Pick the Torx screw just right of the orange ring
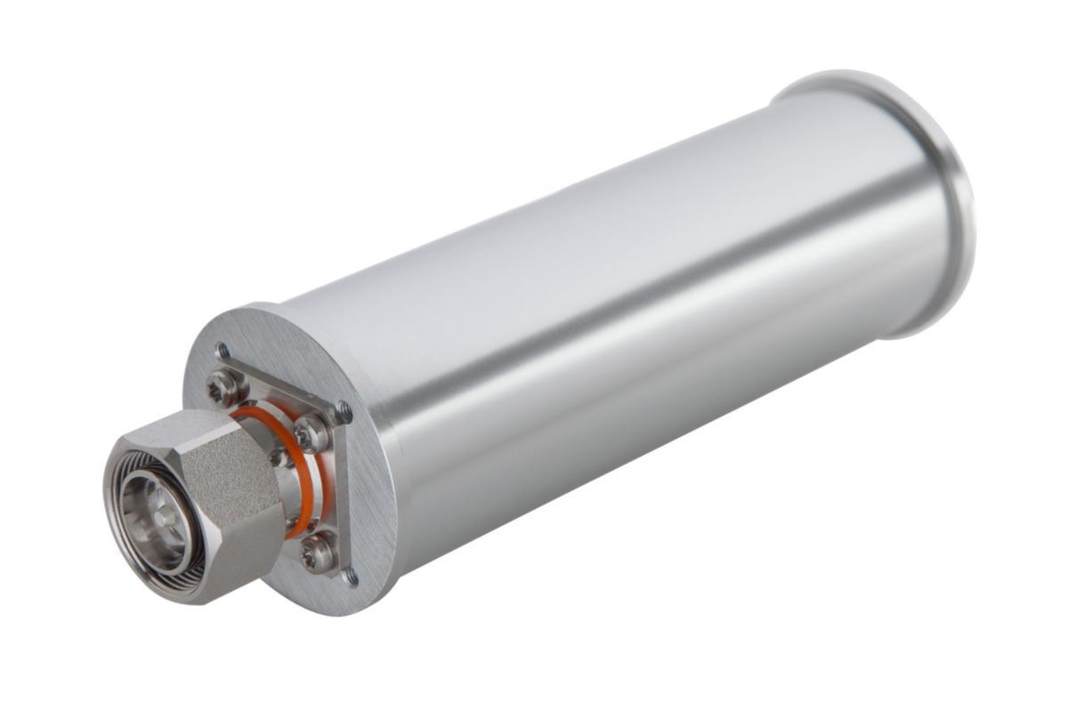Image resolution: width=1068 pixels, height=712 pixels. click(312, 434)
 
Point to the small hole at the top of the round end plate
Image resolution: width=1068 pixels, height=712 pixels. click(222, 350)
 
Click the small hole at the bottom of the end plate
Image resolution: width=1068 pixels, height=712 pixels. click(352, 577)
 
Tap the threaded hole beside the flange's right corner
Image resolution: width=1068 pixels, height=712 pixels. click(344, 412)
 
